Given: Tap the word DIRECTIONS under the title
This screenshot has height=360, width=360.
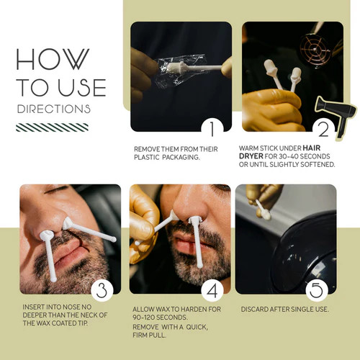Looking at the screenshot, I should pos(54,109).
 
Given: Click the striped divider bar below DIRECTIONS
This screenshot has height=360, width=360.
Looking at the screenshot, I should pos(53,127).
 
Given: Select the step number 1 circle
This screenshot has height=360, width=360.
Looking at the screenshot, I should pos(212,129).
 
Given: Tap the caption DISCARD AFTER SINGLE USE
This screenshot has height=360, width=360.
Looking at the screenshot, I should pos(282,309).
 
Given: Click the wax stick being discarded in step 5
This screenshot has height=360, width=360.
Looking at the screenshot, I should pos(263,210).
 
